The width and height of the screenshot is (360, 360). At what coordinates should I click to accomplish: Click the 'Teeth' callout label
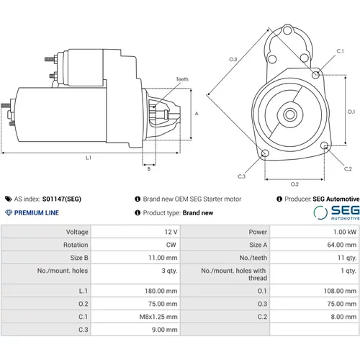tap(182, 79)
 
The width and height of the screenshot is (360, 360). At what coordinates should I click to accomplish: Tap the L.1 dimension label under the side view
tap(89, 158)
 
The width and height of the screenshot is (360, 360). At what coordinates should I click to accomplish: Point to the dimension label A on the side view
tap(197, 114)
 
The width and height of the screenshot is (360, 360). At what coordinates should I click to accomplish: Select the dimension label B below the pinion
tap(149, 169)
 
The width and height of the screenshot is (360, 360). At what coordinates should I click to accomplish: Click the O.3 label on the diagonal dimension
tap(233, 59)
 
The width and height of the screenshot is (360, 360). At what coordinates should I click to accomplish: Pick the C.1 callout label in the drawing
tap(340, 51)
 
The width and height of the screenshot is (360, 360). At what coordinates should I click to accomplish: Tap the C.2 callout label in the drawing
tap(348, 169)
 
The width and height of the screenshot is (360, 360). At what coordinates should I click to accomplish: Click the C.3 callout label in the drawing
tap(241, 176)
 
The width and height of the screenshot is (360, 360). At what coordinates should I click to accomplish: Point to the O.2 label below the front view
tap(294, 184)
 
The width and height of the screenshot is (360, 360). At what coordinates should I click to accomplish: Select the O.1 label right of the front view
tap(351, 112)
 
